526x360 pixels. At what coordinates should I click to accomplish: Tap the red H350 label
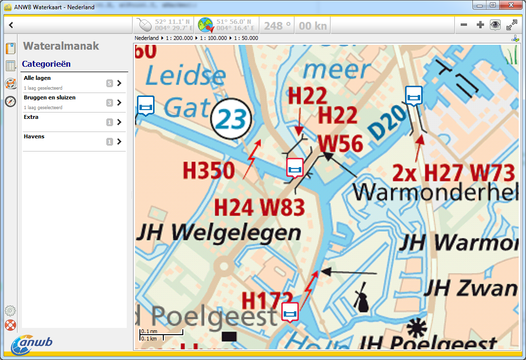tap(209, 171)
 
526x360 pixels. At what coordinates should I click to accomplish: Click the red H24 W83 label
tap(260, 208)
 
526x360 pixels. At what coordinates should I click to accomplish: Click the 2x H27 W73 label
tap(453, 173)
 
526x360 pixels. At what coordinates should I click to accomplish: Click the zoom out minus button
tap(464, 25)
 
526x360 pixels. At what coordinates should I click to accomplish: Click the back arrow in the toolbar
tap(11, 25)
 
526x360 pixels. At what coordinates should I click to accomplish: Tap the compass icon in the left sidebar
tap(10, 102)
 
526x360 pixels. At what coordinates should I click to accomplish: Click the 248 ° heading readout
tap(277, 25)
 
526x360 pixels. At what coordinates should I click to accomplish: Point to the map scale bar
tap(161, 335)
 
